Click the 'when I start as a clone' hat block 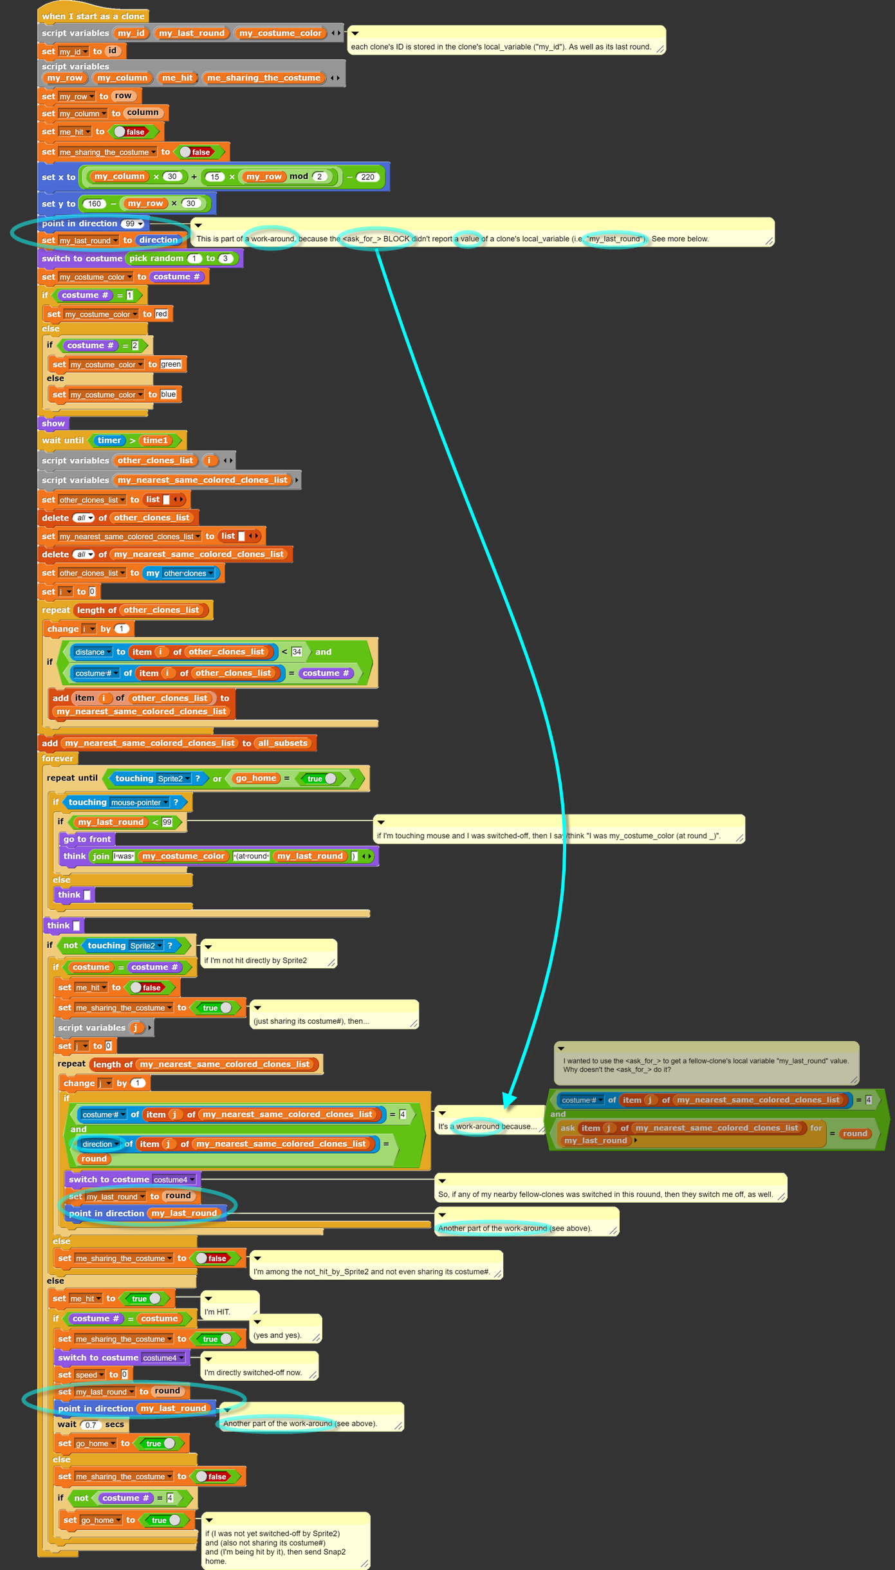tap(93, 16)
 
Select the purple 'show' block tap(53, 423)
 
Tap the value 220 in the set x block tap(367, 177)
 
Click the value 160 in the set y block tap(95, 204)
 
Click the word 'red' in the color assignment tap(161, 314)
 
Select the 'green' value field tap(171, 364)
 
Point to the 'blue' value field tap(168, 394)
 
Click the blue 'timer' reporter tap(109, 441)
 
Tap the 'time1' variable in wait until tap(155, 441)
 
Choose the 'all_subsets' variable tap(282, 743)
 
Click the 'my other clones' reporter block tap(180, 573)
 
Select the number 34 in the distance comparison tap(297, 652)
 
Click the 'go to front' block tap(87, 839)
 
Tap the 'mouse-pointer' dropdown tap(139, 802)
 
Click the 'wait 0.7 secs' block tap(91, 1425)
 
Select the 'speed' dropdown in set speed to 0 tap(89, 1375)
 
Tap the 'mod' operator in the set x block tap(299, 176)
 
